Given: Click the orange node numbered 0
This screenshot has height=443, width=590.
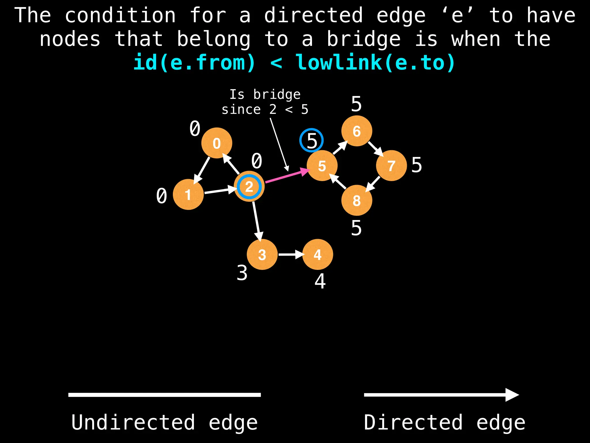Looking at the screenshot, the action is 217,143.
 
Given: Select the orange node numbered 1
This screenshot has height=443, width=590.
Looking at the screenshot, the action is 188,194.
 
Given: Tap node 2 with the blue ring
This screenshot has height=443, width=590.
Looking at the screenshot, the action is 249,187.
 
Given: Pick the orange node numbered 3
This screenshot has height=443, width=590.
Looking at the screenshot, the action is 262,254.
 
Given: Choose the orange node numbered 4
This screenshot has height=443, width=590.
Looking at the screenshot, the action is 317,254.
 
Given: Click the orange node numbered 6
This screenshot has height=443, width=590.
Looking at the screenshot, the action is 357,131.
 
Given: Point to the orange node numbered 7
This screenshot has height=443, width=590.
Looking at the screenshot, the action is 391,166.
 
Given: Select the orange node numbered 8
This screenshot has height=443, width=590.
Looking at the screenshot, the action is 357,200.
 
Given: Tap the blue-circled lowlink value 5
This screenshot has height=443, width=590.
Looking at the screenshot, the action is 311,140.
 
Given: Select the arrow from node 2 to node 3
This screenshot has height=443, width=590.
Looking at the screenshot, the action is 257,221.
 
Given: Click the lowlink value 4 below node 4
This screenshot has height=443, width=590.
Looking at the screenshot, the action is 320,281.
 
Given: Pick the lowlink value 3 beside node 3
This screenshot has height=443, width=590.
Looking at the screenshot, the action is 242,273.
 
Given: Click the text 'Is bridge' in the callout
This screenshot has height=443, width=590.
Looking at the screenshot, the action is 265,95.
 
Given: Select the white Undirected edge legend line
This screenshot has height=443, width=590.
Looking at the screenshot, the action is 164,395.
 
